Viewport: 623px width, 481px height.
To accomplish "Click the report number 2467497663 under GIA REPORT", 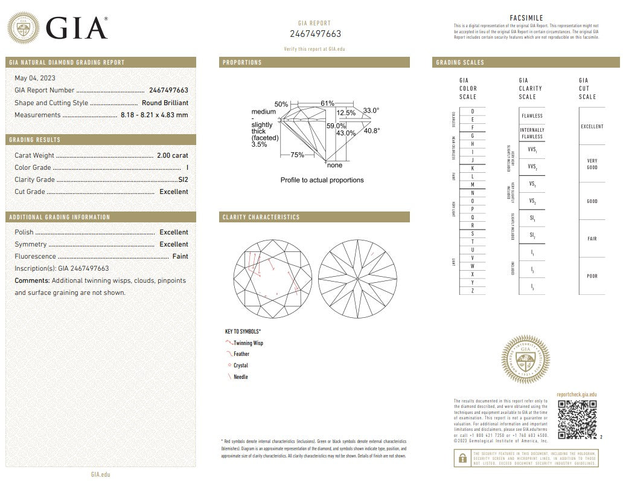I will pos(315,34).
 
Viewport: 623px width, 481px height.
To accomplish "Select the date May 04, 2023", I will pos(36,78).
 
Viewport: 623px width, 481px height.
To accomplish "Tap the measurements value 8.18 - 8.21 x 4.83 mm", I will pos(154,115).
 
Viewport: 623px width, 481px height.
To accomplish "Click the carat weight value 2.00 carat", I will pos(172,155).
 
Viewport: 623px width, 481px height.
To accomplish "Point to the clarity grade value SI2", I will pos(183,179).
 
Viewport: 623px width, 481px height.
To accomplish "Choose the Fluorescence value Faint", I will pos(180,256).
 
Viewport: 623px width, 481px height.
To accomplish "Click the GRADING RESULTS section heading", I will pos(34,140).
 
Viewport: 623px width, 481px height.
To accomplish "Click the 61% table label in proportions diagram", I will pos(327,103).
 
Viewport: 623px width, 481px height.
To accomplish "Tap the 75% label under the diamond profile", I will pos(297,155).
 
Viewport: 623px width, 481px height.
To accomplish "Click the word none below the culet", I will pos(334,165).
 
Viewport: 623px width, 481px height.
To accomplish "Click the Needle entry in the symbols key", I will pos(240,376).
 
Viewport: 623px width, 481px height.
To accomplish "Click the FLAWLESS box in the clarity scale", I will pos(532,115).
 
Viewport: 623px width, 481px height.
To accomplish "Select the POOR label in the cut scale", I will pos(592,276).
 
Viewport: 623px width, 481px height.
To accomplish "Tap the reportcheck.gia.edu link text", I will pos(576,393).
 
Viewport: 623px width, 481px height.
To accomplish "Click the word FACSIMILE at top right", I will pos(527,18).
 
